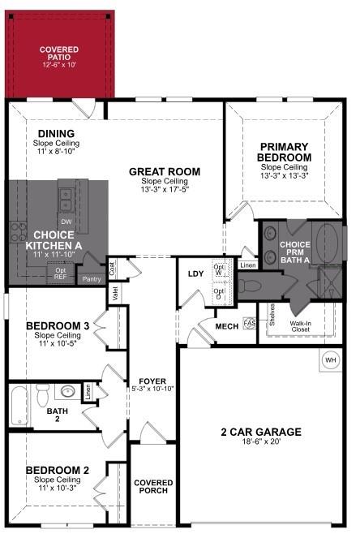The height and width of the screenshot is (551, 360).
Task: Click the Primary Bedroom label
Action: click(x=285, y=152)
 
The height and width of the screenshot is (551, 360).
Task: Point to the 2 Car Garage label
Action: click(x=261, y=432)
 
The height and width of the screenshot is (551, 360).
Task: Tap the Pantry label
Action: click(x=92, y=279)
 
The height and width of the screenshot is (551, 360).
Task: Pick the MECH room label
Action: click(x=225, y=326)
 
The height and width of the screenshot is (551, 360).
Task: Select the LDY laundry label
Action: click(x=195, y=273)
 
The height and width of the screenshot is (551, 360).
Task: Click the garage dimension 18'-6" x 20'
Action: click(x=261, y=443)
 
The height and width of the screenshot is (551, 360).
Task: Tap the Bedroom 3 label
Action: click(x=58, y=326)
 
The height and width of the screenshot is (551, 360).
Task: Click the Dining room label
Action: click(x=55, y=134)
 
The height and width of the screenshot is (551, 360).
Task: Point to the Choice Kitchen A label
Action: click(x=54, y=240)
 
